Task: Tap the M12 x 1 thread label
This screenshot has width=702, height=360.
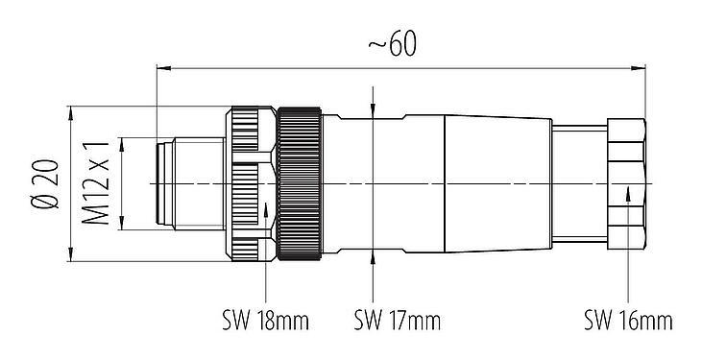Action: coord(97,183)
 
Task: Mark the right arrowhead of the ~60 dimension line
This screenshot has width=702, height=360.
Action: coord(639,68)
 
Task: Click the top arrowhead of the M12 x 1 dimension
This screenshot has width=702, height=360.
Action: coord(122,142)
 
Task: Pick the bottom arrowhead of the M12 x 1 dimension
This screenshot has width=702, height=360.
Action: coord(122,226)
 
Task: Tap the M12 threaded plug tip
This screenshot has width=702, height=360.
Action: coord(178,183)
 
